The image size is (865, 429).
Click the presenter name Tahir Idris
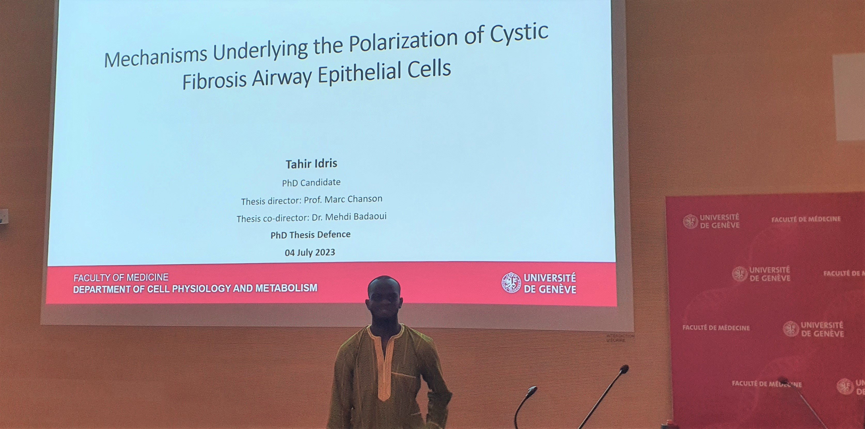point(311,164)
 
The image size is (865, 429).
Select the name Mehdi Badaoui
point(356,216)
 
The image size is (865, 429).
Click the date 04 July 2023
point(310,252)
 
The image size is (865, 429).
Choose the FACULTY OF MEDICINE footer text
point(121,278)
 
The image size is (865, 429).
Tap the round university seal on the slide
point(511,283)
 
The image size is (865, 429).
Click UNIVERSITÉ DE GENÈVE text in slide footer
point(550,283)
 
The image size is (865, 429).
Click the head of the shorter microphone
point(532,390)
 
